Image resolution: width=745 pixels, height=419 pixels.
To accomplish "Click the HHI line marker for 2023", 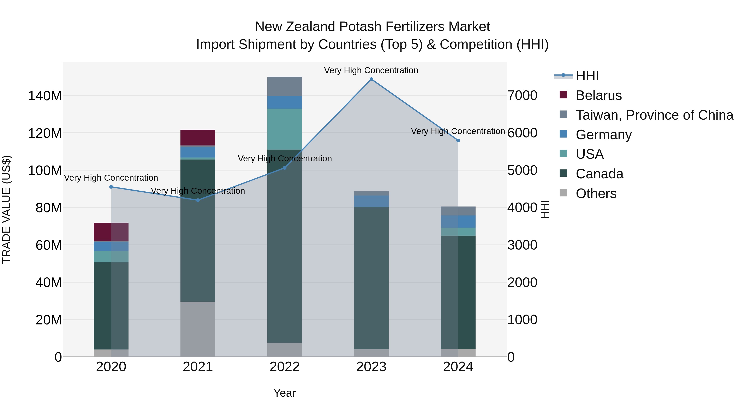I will (371, 79).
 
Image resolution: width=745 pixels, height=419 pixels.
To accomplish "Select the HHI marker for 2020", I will (111, 187).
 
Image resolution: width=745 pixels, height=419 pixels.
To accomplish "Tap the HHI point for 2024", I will (458, 140).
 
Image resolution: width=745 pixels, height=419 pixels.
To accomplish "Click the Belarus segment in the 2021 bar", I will (198, 138).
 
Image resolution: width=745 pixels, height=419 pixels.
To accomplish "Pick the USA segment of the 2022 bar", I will (285, 129).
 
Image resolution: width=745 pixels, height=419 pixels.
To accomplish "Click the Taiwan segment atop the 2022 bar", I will (285, 86).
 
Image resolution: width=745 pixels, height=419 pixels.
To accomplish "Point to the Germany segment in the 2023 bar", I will (371, 201).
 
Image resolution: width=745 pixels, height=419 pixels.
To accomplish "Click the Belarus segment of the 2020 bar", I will (111, 232).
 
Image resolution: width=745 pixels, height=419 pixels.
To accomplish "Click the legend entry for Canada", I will (599, 174).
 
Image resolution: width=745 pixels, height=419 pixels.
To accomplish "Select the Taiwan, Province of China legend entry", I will (654, 115).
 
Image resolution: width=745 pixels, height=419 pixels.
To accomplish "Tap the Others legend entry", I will (596, 193).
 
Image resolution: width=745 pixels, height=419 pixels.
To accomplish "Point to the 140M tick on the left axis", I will (45, 96).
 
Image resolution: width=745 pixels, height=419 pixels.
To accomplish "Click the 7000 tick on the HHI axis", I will (522, 96).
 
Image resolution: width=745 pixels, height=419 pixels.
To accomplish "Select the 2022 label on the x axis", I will (285, 367).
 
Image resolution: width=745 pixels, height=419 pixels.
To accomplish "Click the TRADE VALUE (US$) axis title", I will (6, 209).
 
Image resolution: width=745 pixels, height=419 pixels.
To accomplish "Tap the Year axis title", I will (285, 393).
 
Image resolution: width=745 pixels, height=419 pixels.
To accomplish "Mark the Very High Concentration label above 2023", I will (371, 70).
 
